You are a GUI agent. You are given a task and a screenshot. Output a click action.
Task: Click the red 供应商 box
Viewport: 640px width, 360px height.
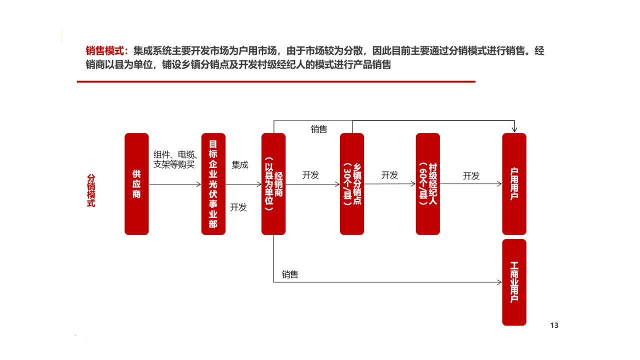[x=136, y=184]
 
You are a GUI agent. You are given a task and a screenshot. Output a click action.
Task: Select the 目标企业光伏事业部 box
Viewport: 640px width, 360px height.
[x=213, y=184]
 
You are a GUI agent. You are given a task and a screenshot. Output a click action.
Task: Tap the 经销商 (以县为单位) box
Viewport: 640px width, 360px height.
[x=273, y=184]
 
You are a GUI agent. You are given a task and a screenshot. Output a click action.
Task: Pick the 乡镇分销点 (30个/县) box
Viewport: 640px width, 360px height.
[x=352, y=184]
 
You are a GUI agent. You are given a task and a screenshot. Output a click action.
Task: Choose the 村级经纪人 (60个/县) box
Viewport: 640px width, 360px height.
[x=427, y=184]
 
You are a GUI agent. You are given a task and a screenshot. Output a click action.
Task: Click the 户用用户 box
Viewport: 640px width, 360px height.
[x=514, y=184]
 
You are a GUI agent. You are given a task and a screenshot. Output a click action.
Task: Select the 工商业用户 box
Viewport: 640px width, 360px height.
[x=514, y=282]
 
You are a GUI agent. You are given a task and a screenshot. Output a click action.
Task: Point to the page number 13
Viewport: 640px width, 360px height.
[x=554, y=325]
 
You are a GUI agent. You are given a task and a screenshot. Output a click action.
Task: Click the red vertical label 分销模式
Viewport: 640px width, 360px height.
[x=91, y=190]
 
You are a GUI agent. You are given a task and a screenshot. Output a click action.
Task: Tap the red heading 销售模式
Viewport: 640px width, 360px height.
[x=105, y=51]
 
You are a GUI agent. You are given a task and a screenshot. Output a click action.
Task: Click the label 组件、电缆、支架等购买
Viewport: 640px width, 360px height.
[x=175, y=159]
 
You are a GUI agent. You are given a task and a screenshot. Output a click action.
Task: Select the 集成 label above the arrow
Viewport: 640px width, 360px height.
[x=239, y=165]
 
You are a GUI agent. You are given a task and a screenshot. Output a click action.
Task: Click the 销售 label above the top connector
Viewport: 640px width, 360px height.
[x=319, y=129]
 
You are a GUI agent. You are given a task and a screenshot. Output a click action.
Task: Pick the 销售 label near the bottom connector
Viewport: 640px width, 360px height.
[x=290, y=274]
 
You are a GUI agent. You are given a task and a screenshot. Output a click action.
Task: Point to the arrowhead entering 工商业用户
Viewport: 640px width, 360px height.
[x=499, y=282]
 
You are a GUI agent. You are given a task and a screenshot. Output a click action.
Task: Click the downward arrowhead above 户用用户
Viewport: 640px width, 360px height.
[x=514, y=129]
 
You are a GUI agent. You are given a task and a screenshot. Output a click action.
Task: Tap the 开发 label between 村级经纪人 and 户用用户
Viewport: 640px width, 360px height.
[x=471, y=176]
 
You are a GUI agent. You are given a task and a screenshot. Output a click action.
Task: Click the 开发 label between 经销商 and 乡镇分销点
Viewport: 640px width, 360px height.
[x=310, y=175]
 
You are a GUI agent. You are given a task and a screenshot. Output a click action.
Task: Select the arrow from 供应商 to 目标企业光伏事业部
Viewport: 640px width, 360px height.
[x=175, y=184]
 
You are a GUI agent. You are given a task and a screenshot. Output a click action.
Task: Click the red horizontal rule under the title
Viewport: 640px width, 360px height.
[x=276, y=81]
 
